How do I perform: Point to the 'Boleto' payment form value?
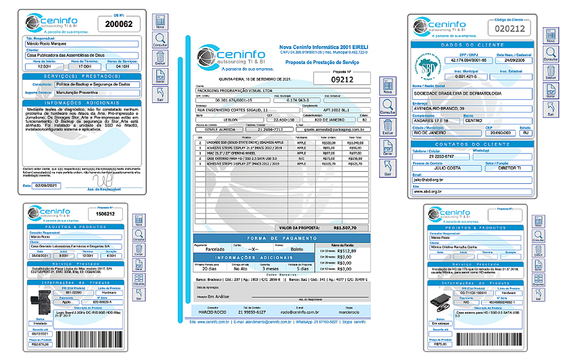point(298,249)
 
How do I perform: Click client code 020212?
point(510,28)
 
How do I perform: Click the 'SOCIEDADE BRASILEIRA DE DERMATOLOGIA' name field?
point(471,93)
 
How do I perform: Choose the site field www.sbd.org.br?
point(471,192)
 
